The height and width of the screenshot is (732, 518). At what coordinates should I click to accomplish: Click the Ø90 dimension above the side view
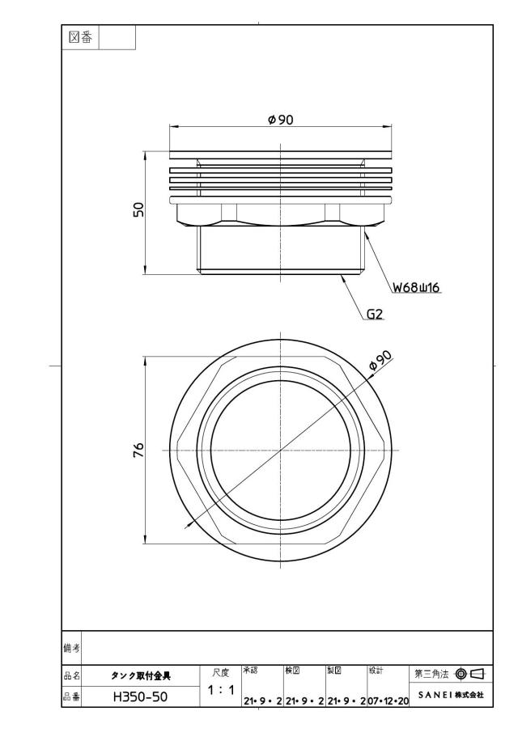281,120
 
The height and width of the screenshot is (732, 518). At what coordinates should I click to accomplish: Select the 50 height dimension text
139,209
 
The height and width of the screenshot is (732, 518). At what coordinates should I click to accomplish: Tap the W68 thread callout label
416,287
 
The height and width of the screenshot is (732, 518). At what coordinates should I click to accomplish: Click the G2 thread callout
375,314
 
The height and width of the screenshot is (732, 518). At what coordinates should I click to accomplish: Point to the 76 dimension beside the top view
139,450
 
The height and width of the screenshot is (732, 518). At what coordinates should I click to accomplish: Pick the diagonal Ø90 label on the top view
380,361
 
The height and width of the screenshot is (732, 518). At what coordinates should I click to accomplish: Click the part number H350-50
140,697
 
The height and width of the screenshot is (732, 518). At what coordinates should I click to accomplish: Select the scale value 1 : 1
221,690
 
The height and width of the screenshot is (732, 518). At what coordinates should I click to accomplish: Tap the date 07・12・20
388,701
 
